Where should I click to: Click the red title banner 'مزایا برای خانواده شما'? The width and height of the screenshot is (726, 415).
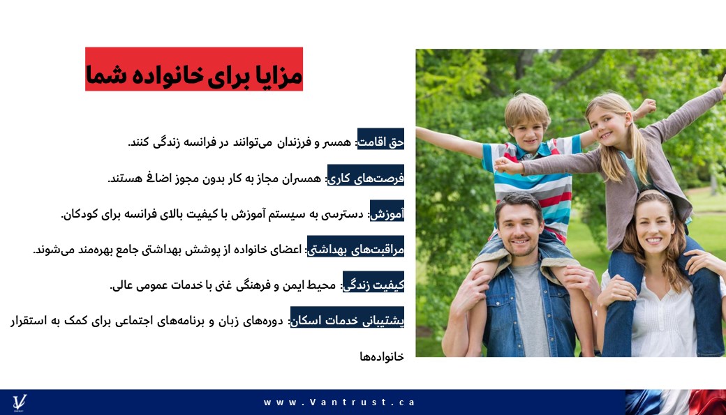(x=194, y=69)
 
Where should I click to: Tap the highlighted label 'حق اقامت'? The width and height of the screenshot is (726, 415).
(x=380, y=139)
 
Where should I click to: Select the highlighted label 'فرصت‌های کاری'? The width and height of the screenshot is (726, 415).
(x=366, y=175)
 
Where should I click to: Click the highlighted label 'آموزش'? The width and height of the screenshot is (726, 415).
(x=387, y=211)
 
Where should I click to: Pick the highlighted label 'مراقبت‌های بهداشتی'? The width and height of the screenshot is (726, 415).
(x=355, y=246)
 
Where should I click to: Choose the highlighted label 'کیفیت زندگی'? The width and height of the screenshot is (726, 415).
(x=373, y=282)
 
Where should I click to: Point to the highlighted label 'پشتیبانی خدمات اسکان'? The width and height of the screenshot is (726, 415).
(x=347, y=317)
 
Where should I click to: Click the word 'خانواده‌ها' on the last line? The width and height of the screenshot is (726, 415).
(x=382, y=356)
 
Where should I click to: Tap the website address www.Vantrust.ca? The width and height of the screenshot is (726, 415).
(x=339, y=402)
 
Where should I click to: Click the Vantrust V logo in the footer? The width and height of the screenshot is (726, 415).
(x=20, y=402)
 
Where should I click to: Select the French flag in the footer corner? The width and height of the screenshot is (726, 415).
(x=676, y=402)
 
